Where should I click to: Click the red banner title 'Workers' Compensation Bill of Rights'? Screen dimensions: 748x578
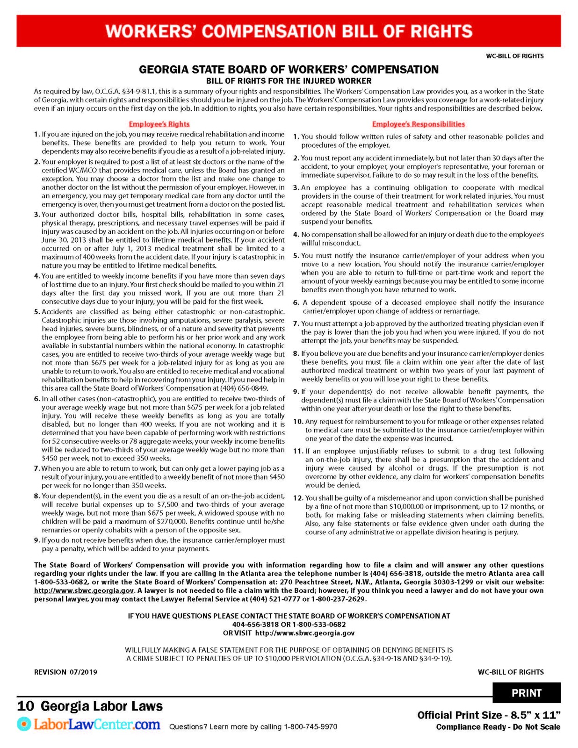(x=289, y=31)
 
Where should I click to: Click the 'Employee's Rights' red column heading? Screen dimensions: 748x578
(x=159, y=124)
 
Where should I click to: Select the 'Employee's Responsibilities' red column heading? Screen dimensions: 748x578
(x=418, y=124)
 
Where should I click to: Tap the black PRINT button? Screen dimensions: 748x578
(x=526, y=693)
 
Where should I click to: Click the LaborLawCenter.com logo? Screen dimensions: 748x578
(x=89, y=725)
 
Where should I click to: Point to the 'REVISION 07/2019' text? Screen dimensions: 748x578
(x=65, y=672)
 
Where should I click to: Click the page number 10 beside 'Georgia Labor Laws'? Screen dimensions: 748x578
(x=26, y=706)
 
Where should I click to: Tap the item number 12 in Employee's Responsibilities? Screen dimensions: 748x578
(x=298, y=498)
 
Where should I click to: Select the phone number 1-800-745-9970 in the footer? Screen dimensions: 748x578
(x=311, y=726)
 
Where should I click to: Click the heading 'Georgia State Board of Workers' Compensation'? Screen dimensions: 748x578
(x=289, y=70)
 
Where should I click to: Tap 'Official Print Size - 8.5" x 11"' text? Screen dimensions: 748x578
(x=489, y=715)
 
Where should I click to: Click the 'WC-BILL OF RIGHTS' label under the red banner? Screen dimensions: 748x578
(x=514, y=56)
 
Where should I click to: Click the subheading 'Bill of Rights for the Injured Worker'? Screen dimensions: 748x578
(x=289, y=81)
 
